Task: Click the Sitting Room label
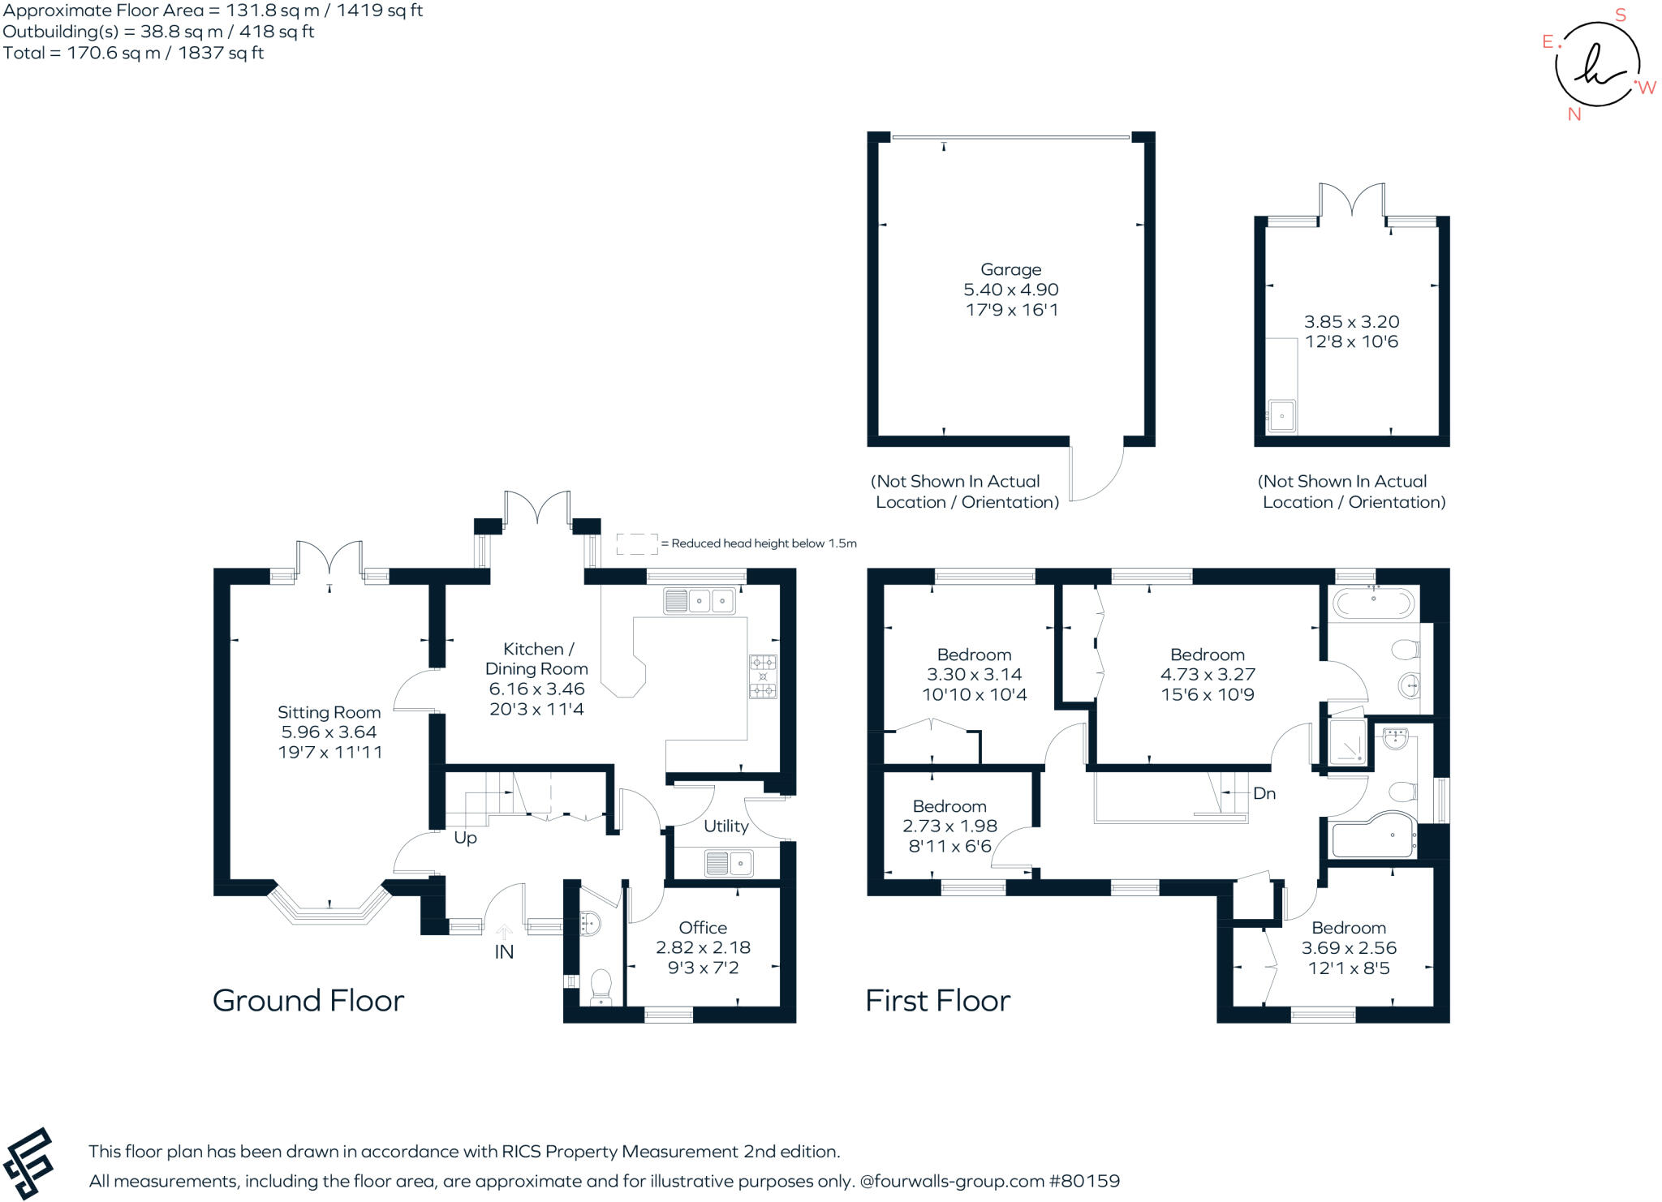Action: pyautogui.click(x=329, y=712)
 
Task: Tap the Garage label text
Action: pyautogui.click(x=1010, y=269)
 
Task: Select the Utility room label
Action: pyautogui.click(x=726, y=826)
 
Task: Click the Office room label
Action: pyautogui.click(x=703, y=927)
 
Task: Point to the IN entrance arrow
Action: pyautogui.click(x=504, y=934)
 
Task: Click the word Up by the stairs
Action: pyautogui.click(x=465, y=838)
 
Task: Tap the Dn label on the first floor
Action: pyautogui.click(x=1264, y=793)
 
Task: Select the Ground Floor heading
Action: pyautogui.click(x=308, y=1001)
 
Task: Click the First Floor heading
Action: pyautogui.click(x=938, y=1001)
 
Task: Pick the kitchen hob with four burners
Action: pyautogui.click(x=763, y=676)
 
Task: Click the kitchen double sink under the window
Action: pyautogui.click(x=700, y=601)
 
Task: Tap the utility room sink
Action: pyautogui.click(x=729, y=863)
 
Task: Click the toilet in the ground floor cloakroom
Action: pyautogui.click(x=601, y=987)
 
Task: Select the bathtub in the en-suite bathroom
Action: pyautogui.click(x=1374, y=603)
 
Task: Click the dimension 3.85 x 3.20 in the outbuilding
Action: pyautogui.click(x=1352, y=321)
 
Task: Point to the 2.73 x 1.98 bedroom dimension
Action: pyautogui.click(x=949, y=826)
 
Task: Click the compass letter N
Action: pyautogui.click(x=1574, y=114)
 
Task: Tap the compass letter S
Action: pyautogui.click(x=1621, y=15)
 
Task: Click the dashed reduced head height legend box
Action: pyautogui.click(x=637, y=544)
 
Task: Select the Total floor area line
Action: pyautogui.click(x=133, y=53)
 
